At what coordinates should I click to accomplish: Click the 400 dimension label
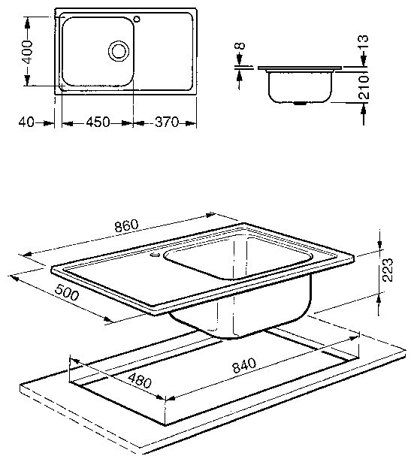click(x=28, y=52)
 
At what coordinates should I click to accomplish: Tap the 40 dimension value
click(x=26, y=122)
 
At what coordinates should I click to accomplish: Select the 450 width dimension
click(x=98, y=122)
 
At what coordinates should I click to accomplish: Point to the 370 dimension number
click(x=167, y=122)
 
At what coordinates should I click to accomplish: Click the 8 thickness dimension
click(x=240, y=46)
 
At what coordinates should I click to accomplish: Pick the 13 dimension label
click(x=364, y=42)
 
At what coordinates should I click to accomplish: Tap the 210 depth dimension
click(x=364, y=87)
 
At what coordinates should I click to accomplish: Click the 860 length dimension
click(x=126, y=225)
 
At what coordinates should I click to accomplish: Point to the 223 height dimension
click(x=387, y=270)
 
